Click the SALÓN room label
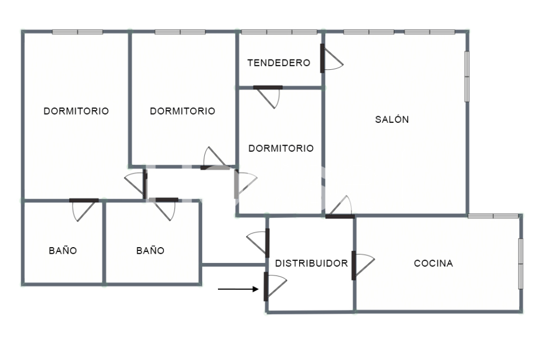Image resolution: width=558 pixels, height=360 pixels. tap(392, 120)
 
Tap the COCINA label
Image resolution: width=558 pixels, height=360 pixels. tap(433, 263)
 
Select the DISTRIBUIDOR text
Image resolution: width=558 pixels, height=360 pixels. tap(311, 263)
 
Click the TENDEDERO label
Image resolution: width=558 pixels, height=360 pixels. tap(278, 63)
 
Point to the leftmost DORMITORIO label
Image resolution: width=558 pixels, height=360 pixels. tap(76, 111)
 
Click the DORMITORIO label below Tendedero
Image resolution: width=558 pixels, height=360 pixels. tap(281, 148)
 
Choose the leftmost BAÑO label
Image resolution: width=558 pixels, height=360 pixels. tap(63, 251)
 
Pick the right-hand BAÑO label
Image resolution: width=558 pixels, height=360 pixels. tap(150, 251)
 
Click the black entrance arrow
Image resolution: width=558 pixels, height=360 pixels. tap(238, 289)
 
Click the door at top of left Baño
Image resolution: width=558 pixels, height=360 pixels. tap(84, 208)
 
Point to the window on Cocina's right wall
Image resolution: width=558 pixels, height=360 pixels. tap(520, 264)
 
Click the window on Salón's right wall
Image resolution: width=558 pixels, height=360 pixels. tap(467, 76)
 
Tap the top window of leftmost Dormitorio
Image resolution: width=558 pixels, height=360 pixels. tap(77, 32)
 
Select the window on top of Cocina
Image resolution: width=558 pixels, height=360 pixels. tap(493, 217)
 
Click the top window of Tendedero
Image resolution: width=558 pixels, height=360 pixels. tap(278, 32)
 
